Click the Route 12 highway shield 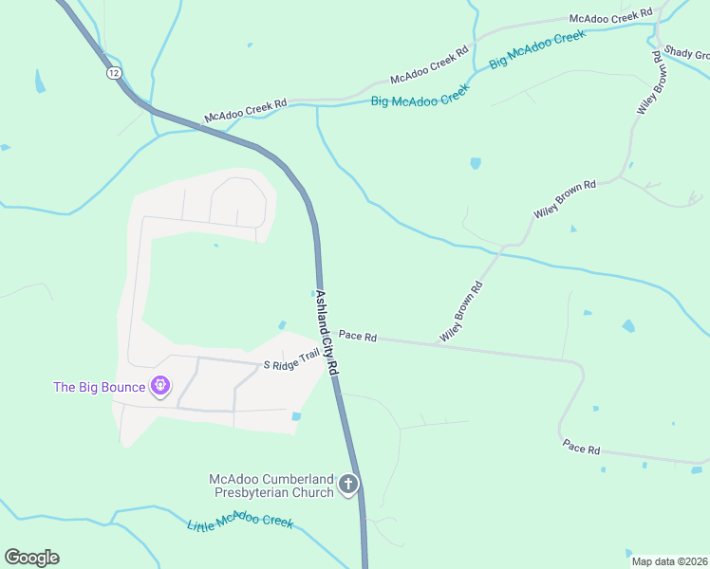(x=115, y=72)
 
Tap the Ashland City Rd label (x=327, y=334)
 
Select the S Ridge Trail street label (x=291, y=361)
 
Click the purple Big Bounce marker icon (x=160, y=386)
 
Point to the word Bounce (x=122, y=387)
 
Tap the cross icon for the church (x=348, y=486)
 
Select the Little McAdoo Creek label (x=240, y=524)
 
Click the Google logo (x=31, y=558)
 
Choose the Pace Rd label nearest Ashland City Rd (x=359, y=337)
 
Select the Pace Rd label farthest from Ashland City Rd (x=581, y=447)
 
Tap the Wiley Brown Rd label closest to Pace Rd (x=461, y=311)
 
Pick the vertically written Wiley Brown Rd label (x=649, y=83)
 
